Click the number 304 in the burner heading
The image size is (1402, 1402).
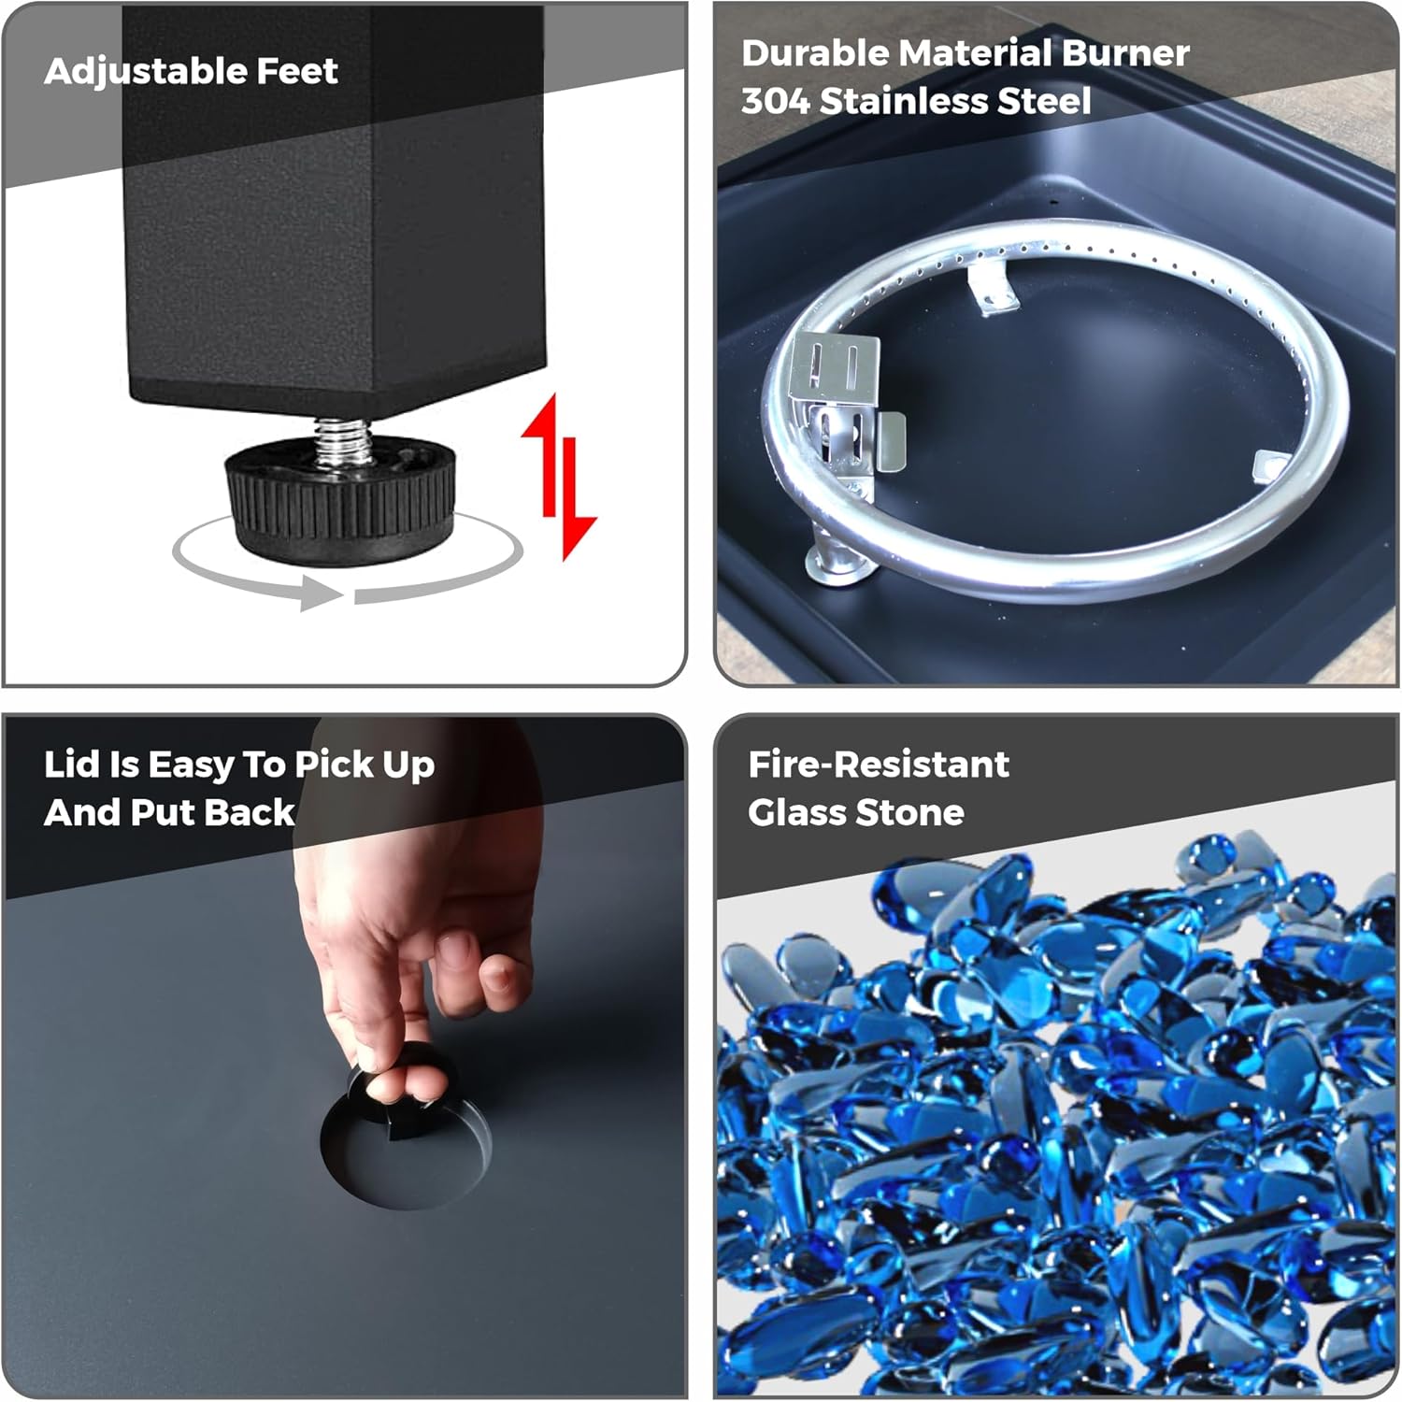tap(774, 101)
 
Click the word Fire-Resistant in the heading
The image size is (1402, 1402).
tap(879, 765)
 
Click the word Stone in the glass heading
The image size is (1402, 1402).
tap(910, 812)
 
